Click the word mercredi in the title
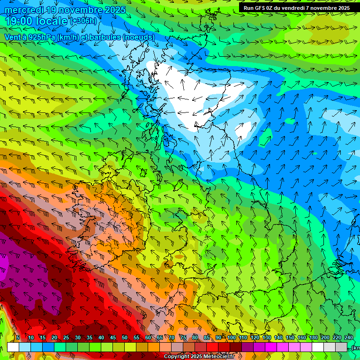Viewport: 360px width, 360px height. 23,10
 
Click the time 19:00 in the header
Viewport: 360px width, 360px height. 21,21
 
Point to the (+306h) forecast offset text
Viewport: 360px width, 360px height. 83,21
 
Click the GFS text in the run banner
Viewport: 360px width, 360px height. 261,8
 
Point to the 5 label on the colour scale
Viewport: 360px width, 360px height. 18,337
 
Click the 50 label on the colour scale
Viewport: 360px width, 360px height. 125,337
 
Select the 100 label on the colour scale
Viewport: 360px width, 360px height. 232,337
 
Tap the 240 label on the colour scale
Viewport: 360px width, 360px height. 348,337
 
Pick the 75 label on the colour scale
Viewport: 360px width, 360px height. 183,337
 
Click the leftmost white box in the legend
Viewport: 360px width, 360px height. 13,347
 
